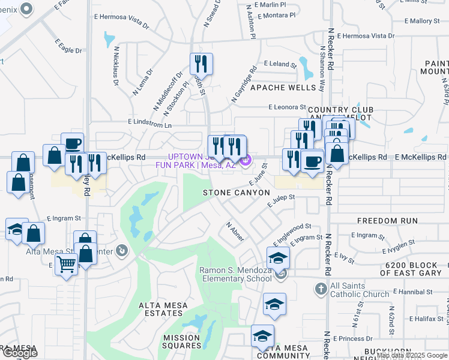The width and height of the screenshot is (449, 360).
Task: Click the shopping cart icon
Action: (x=66, y=263)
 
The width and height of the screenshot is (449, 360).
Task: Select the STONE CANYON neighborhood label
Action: (x=236, y=193)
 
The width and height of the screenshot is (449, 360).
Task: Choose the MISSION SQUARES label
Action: (x=182, y=341)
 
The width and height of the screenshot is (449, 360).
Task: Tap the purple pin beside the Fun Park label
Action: (x=246, y=160)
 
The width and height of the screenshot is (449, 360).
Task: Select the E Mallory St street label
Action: (x=424, y=21)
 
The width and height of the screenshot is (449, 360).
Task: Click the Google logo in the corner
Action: (x=19, y=353)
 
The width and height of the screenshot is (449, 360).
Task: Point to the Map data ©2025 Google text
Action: (x=411, y=355)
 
